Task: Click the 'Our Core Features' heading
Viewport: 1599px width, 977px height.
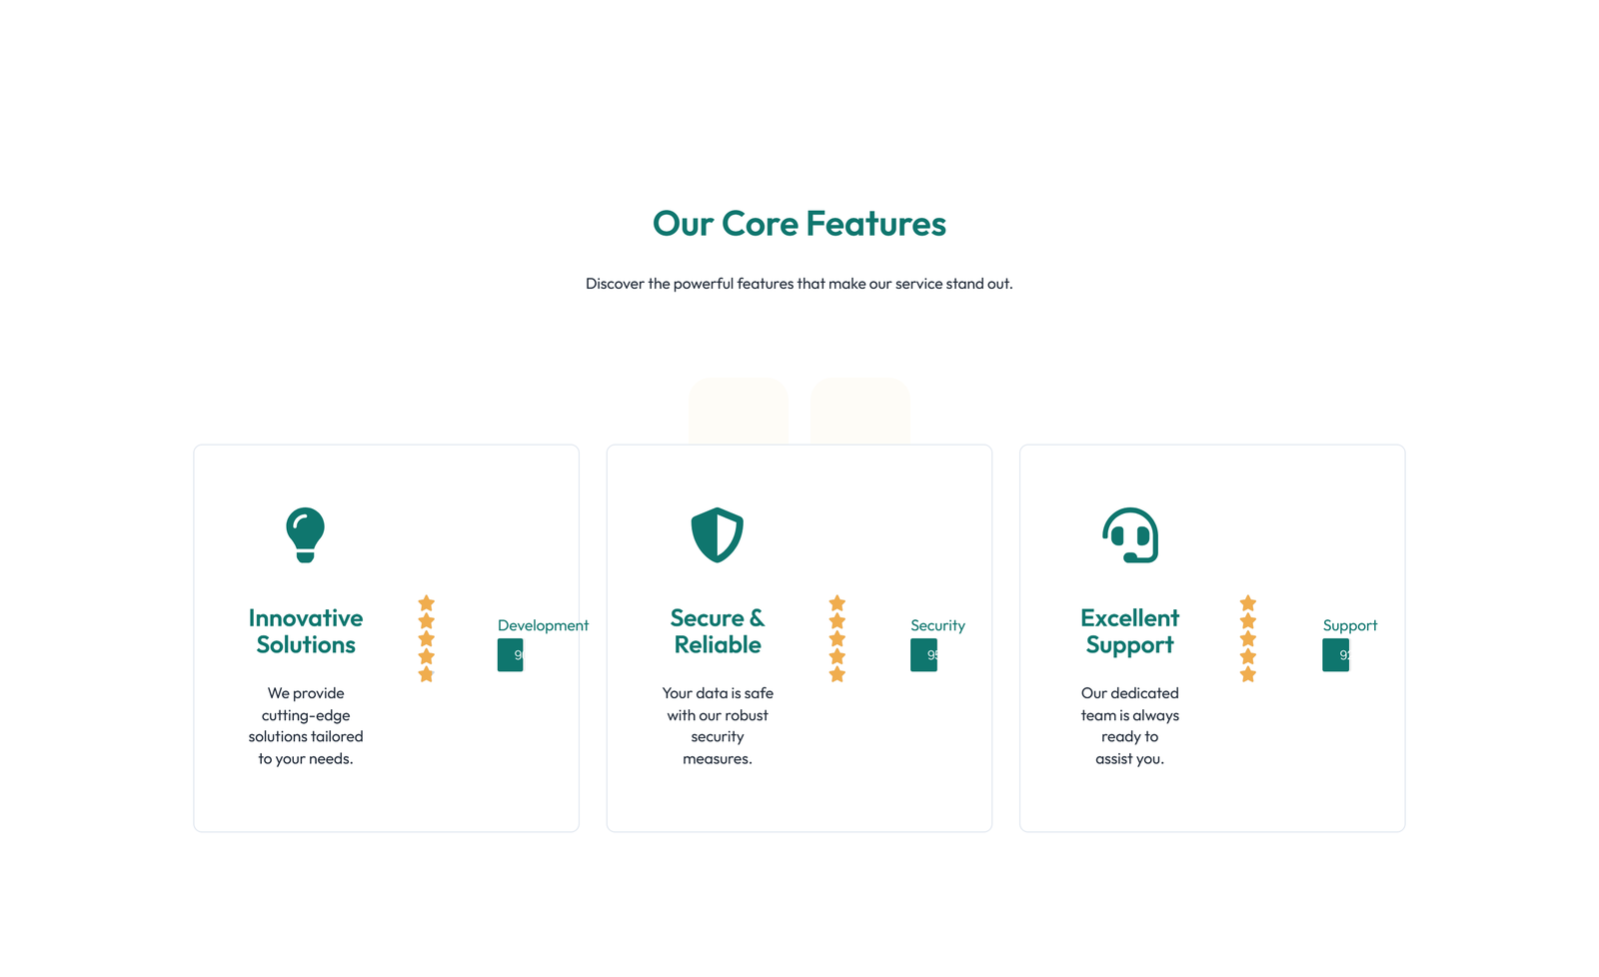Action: (799, 224)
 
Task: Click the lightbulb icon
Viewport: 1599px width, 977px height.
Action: (305, 534)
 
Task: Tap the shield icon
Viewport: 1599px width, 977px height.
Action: (717, 534)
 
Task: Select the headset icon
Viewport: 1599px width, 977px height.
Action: (1129, 534)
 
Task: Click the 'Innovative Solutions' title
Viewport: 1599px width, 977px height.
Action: (306, 631)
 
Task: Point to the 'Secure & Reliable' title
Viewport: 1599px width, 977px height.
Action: (718, 631)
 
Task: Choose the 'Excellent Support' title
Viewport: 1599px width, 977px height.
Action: (1129, 631)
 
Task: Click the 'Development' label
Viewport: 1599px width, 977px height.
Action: (543, 625)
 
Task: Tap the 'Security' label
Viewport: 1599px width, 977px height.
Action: (937, 625)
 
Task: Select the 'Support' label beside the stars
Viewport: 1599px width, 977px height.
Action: (1349, 625)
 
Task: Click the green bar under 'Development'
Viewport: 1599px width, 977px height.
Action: (510, 655)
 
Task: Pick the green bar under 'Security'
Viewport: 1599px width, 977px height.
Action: (923, 655)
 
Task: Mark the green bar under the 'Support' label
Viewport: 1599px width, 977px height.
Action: (1335, 655)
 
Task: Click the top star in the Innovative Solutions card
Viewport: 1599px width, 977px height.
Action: (426, 603)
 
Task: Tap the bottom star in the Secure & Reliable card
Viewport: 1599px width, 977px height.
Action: (837, 674)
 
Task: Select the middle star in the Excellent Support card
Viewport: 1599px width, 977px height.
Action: (1247, 638)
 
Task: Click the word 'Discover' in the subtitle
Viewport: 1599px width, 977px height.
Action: (614, 284)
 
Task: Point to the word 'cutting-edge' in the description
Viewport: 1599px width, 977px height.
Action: (306, 715)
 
